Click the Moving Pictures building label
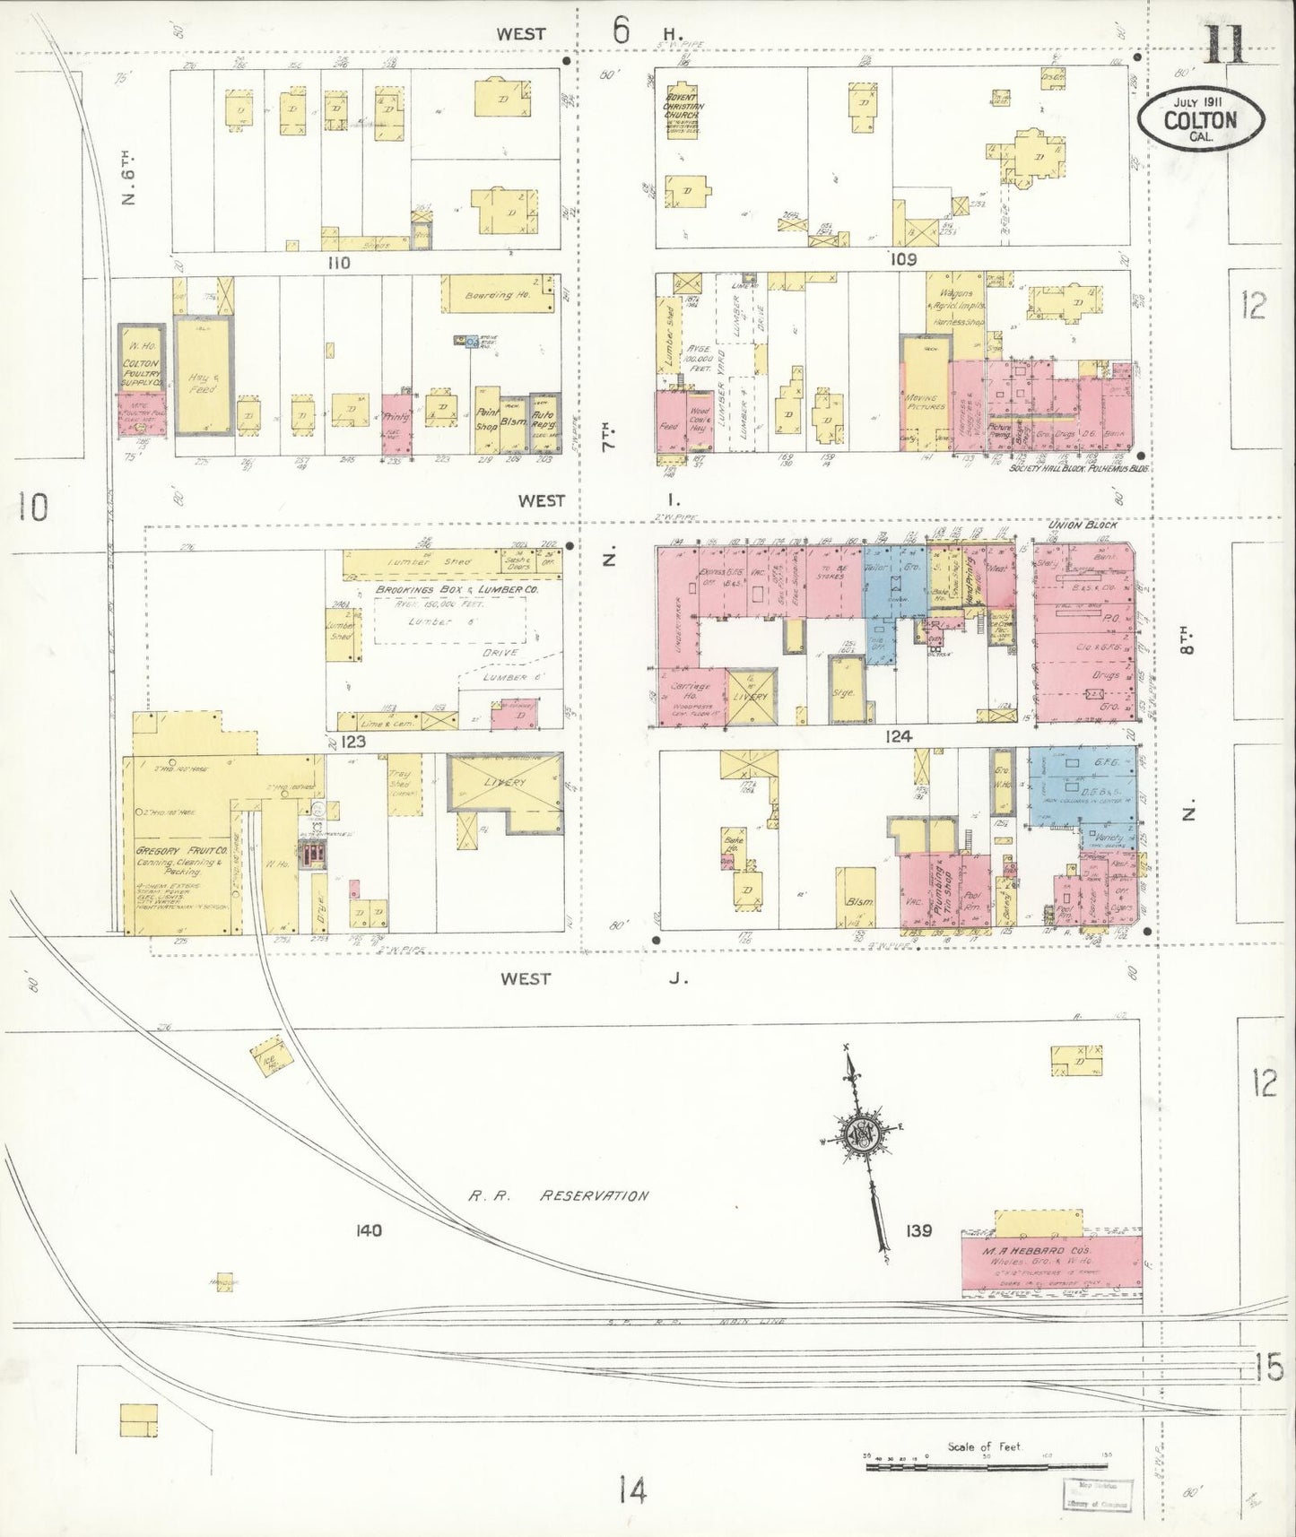pyautogui.click(x=926, y=402)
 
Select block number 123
pyautogui.click(x=353, y=742)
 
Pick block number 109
pyautogui.click(x=903, y=259)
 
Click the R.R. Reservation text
pyautogui.click(x=558, y=1195)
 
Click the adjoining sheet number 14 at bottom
pyautogui.click(x=631, y=1491)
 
